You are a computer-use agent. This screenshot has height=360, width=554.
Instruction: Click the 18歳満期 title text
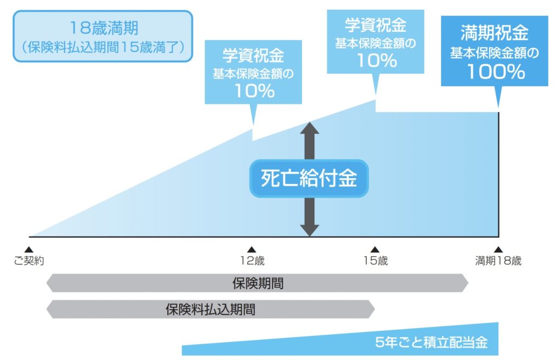(x=103, y=28)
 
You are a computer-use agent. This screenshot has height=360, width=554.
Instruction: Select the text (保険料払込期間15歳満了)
(x=103, y=47)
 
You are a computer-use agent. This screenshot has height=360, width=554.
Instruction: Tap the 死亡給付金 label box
(x=308, y=178)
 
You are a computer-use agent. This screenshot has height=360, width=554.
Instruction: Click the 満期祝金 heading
(x=494, y=34)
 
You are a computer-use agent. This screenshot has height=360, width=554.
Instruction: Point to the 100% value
(x=496, y=71)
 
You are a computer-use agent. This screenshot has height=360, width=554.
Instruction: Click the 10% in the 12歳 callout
(x=254, y=91)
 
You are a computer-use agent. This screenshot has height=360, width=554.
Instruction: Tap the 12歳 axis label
(x=252, y=261)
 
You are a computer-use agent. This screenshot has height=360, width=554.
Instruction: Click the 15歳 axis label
(x=375, y=261)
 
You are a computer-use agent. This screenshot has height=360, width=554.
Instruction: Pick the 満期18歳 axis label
(x=498, y=261)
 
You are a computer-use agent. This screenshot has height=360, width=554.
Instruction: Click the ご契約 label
(x=29, y=261)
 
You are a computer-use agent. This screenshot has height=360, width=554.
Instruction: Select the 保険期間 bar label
(x=258, y=283)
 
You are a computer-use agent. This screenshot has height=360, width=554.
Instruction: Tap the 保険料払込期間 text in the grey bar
(x=210, y=310)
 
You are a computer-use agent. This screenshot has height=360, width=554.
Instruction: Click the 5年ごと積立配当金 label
(x=431, y=343)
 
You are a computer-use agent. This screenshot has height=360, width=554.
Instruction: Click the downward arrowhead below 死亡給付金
(x=309, y=230)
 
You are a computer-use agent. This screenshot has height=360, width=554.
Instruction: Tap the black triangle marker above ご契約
(x=29, y=249)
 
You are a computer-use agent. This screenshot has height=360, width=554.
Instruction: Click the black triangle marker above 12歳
(x=252, y=249)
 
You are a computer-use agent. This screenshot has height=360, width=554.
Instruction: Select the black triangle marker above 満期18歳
(x=498, y=249)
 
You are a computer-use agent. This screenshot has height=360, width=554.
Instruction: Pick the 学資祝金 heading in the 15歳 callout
(x=376, y=25)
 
